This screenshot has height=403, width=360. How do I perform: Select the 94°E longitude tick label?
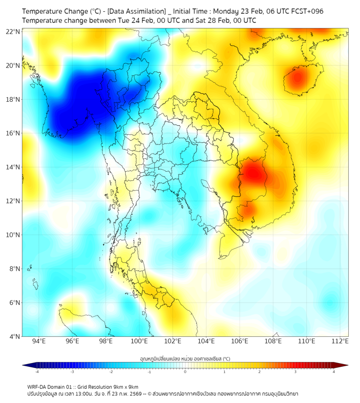point(39,341)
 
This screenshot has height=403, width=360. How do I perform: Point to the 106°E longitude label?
point(240,341)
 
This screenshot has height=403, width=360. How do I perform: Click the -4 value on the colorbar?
point(37,372)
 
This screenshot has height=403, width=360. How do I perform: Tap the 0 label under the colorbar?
point(185,372)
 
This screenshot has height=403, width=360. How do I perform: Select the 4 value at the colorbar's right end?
point(333,372)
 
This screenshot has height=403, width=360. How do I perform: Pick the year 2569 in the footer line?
point(133,393)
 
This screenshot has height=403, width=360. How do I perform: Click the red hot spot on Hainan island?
point(297,79)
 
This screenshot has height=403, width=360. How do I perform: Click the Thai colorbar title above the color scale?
point(184,358)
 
